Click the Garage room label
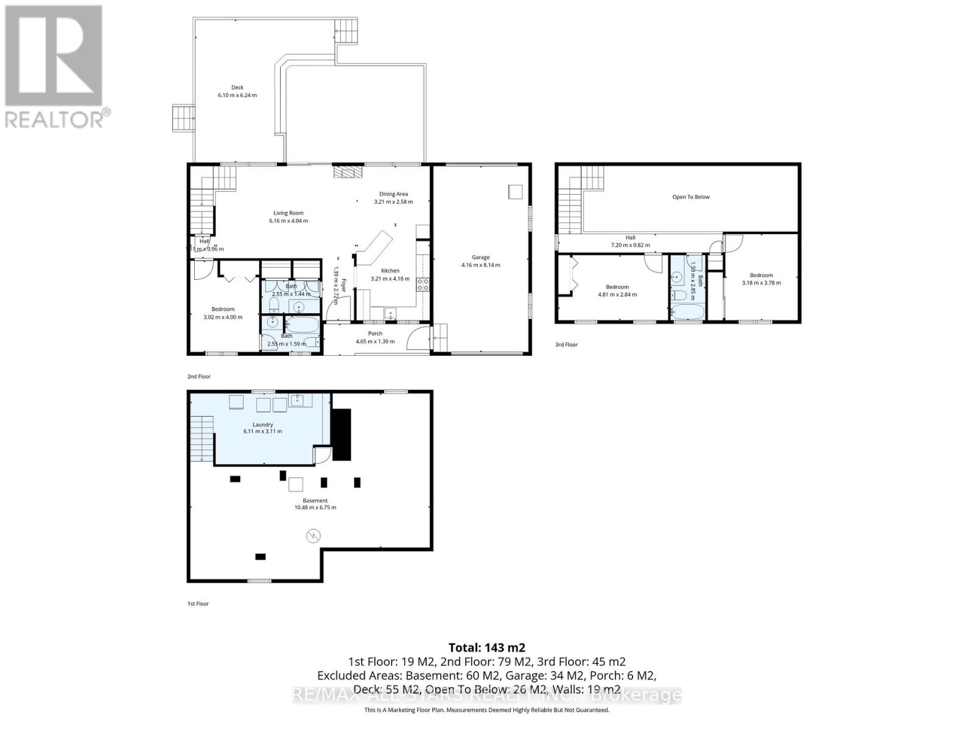pyautogui.click(x=480, y=257)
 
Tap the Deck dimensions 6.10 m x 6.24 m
pyautogui.click(x=237, y=96)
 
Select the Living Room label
pyautogui.click(x=289, y=213)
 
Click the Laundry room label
pyautogui.click(x=263, y=425)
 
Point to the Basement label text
pyautogui.click(x=315, y=501)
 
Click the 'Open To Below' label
pyautogui.click(x=691, y=197)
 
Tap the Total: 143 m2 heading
pyautogui.click(x=486, y=648)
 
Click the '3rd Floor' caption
pyautogui.click(x=566, y=345)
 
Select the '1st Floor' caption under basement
pyautogui.click(x=198, y=604)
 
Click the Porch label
pyautogui.click(x=375, y=333)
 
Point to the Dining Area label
pyautogui.click(x=393, y=194)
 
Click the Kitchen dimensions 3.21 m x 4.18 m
pyautogui.click(x=390, y=279)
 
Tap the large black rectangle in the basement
pyautogui.click(x=342, y=434)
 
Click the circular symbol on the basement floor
pyautogui.click(x=313, y=536)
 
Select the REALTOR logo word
pyautogui.click(x=55, y=119)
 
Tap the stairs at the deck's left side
pyautogui.click(x=183, y=117)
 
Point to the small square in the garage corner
pyautogui.click(x=515, y=192)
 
